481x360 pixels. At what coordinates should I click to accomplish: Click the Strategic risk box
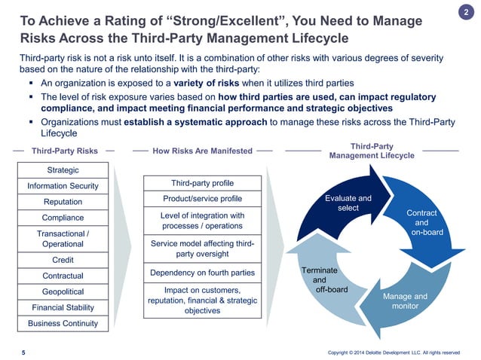[x=63, y=170]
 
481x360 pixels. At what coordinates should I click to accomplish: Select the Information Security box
[x=63, y=186]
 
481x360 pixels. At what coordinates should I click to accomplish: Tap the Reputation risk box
[x=63, y=202]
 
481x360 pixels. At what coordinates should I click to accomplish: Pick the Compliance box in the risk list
[x=63, y=218]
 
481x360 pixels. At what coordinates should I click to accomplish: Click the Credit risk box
[x=63, y=260]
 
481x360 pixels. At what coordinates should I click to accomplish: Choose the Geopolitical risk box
[x=63, y=291]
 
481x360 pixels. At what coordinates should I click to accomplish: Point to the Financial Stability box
[x=63, y=307]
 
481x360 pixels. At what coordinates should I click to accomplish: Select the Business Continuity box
[x=63, y=323]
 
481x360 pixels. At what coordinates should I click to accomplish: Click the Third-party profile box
[x=203, y=183]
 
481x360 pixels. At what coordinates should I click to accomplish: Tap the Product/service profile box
[x=203, y=199]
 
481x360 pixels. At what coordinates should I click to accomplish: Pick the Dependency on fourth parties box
[x=203, y=273]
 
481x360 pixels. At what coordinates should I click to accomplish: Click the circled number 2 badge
[x=465, y=13]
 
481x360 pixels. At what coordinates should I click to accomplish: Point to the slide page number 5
[x=23, y=352]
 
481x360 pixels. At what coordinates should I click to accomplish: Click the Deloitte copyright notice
[x=394, y=352]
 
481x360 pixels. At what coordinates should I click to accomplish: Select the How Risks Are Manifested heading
[x=202, y=151]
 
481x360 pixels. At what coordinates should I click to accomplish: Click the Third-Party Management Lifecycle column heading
[x=372, y=151]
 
